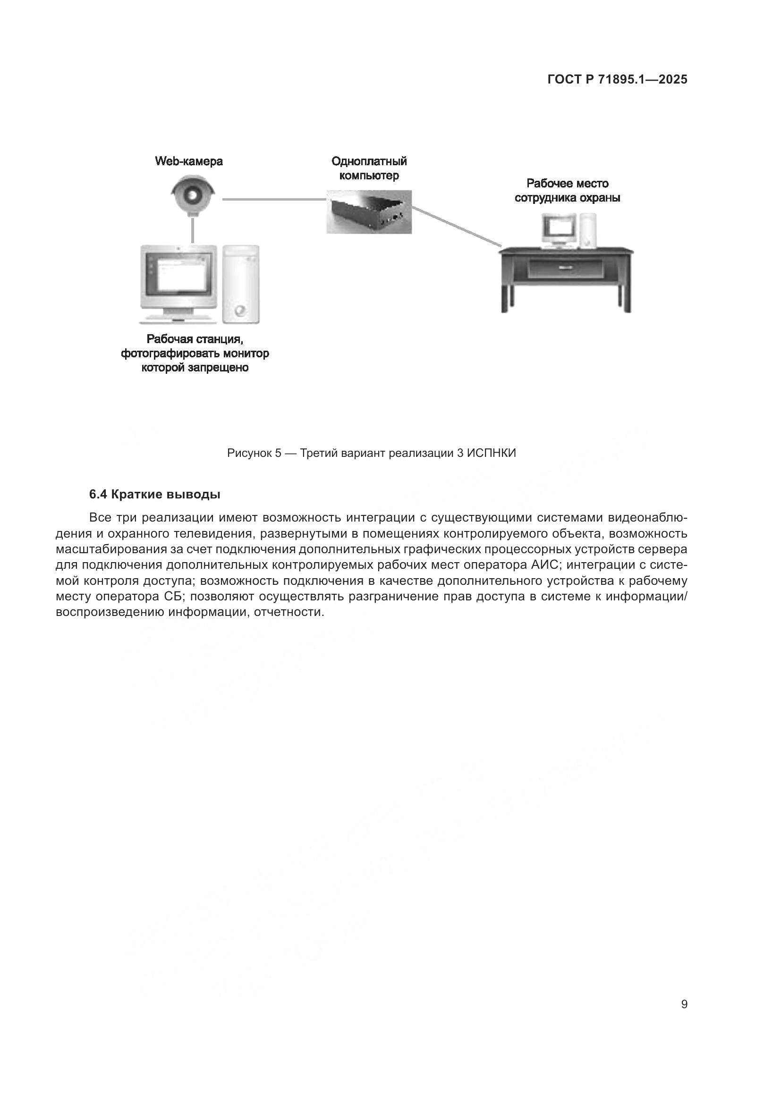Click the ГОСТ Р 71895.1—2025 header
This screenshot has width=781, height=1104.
coord(617,79)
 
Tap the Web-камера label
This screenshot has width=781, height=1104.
coord(188,161)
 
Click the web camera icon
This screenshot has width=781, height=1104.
coord(192,196)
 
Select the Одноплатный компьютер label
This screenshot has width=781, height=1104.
coord(369,168)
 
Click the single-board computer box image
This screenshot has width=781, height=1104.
coord(369,211)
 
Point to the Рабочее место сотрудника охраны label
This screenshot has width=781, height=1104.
coord(567,190)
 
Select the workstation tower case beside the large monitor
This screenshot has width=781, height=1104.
coord(241,284)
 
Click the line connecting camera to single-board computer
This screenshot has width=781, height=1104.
coord(274,199)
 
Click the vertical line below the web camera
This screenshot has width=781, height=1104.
coord(192,231)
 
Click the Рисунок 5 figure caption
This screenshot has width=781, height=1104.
coord(371,453)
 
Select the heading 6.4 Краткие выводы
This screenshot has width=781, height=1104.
coord(155,494)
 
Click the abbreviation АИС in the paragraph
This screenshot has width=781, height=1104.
coord(544,565)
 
